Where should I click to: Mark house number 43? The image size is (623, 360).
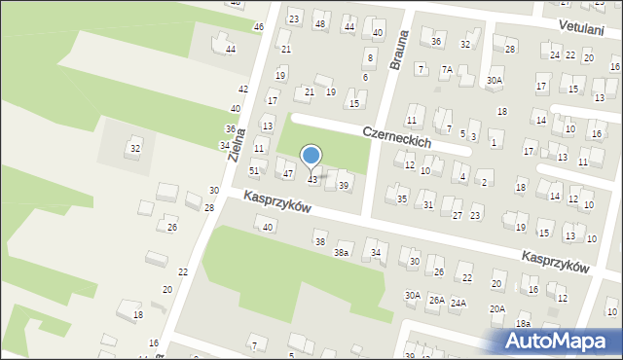pos(312,180)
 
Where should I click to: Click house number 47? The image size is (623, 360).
pos(288,173)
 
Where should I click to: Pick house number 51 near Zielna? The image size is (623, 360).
pos(254,170)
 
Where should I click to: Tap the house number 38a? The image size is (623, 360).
pos(341,253)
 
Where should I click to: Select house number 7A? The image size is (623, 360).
pos(447,69)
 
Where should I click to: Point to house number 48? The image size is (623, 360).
pos(320,22)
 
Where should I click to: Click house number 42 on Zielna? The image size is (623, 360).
pos(243,89)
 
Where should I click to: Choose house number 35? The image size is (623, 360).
pos(402,198)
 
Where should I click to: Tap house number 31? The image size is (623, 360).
pos(428,204)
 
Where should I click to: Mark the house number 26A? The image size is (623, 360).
pos(436,300)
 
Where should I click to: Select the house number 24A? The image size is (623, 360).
pos(458,303)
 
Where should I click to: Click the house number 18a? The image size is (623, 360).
pos(524,323)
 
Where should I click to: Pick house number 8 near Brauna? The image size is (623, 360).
pos(370,58)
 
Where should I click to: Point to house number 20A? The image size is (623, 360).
pos(497,308)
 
